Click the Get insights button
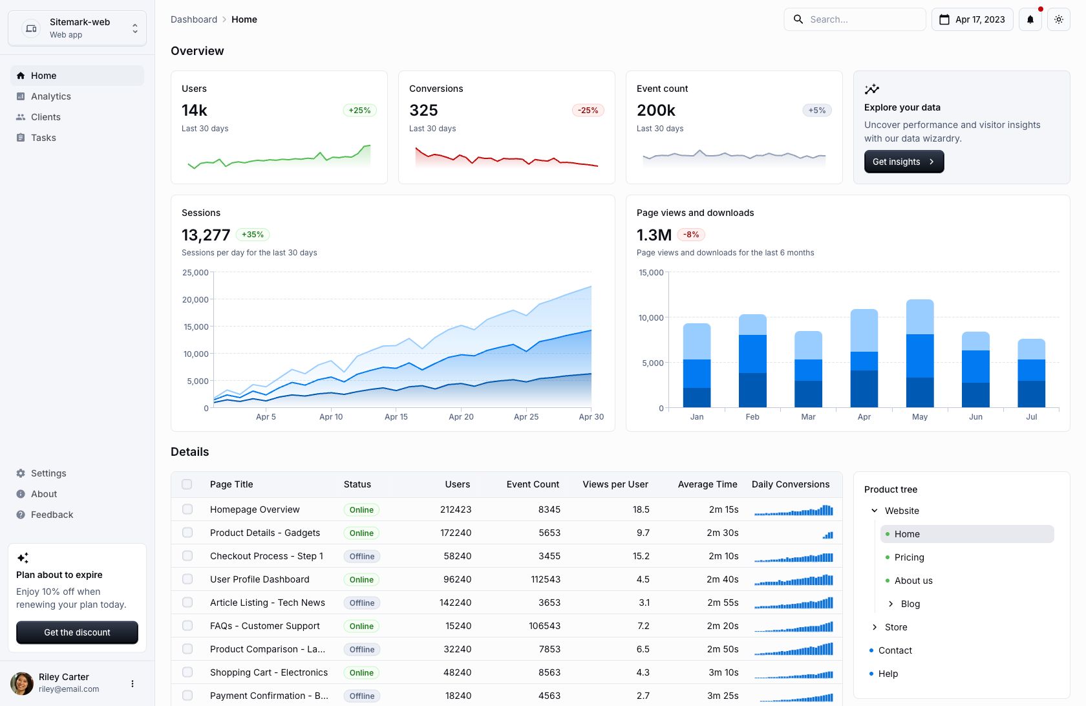(904, 162)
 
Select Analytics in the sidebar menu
(51, 96)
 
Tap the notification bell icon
(1030, 19)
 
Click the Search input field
(855, 19)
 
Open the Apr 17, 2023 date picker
(972, 19)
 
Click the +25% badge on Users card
(359, 111)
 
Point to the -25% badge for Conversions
(588, 111)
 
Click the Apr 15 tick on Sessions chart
(396, 416)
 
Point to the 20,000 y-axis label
(195, 300)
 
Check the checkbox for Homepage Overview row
(187, 509)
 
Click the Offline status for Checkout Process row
(361, 556)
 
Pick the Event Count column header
(533, 484)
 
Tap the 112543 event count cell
(545, 579)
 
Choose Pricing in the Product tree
(909, 557)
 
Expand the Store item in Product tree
(875, 627)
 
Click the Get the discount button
(77, 632)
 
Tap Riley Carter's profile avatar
(22, 683)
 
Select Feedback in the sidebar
(52, 515)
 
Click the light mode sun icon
(1058, 19)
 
